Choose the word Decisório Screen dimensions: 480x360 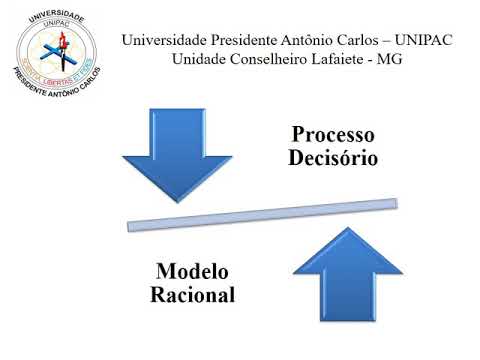[x=334, y=158]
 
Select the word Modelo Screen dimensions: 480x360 [x=193, y=272]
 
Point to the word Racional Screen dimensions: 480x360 [x=193, y=296]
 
